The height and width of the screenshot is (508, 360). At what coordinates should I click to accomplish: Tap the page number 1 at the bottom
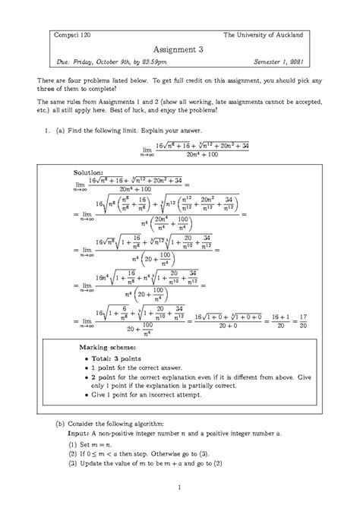coord(179,487)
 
